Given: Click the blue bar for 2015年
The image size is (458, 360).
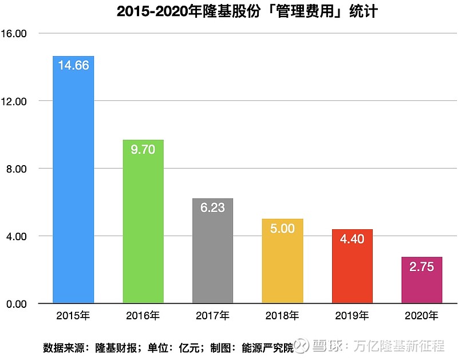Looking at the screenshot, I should click(x=73, y=183).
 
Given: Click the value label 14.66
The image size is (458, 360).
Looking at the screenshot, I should click(x=73, y=65).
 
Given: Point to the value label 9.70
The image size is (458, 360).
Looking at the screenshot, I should click(x=143, y=150).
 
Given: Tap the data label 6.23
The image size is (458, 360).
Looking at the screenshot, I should click(x=212, y=208).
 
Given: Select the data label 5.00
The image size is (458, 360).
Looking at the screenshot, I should click(x=282, y=229).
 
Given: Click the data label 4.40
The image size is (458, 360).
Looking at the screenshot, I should click(x=352, y=239).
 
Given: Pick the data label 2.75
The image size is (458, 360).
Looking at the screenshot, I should click(x=422, y=267).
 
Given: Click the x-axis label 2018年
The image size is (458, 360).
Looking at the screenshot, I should click(x=282, y=316).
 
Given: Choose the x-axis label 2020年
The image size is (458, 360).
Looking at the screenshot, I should click(x=422, y=316).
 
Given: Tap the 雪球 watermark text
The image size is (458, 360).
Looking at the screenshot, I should click(x=326, y=346).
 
